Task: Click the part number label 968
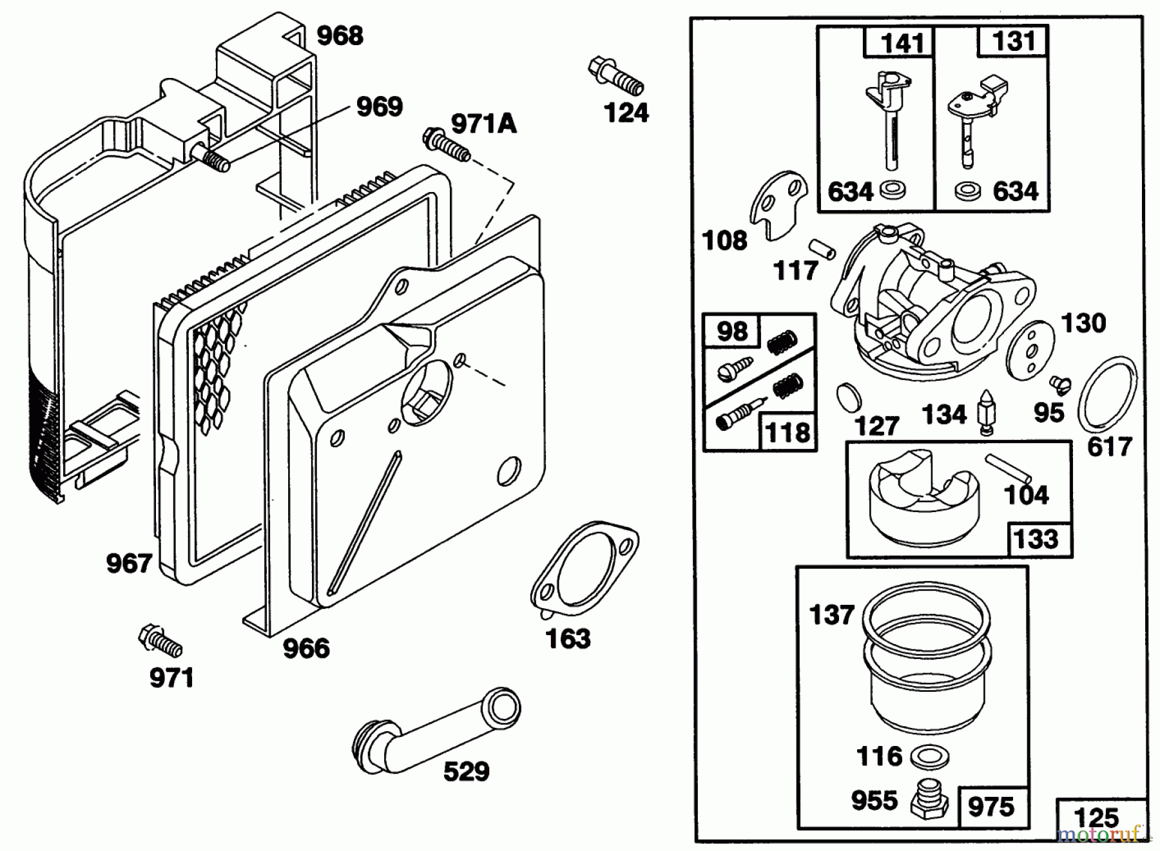tap(340, 35)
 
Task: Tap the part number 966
tap(306, 648)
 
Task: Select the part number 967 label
tap(129, 564)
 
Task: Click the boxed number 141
tap(902, 43)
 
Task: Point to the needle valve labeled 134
tap(985, 413)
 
